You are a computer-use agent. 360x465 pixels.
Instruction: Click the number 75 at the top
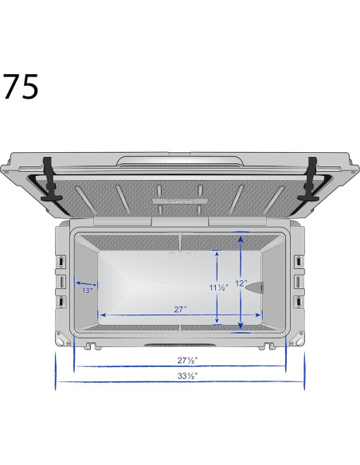(21, 87)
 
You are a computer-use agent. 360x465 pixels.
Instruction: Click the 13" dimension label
(87, 291)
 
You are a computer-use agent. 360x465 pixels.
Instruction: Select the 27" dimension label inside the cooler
(180, 308)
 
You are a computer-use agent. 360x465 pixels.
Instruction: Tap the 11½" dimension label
(218, 287)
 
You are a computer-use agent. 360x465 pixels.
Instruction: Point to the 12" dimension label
(241, 283)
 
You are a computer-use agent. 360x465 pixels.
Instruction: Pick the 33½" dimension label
(187, 375)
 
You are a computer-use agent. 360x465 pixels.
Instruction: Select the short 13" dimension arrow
(85, 282)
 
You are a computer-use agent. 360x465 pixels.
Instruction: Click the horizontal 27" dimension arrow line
(179, 315)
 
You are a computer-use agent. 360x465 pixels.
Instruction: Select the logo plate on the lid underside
(178, 202)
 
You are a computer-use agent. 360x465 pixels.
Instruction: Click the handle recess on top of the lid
(179, 162)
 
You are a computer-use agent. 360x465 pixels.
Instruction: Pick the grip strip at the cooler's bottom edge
(179, 345)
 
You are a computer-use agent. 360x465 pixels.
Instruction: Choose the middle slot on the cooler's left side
(61, 282)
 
